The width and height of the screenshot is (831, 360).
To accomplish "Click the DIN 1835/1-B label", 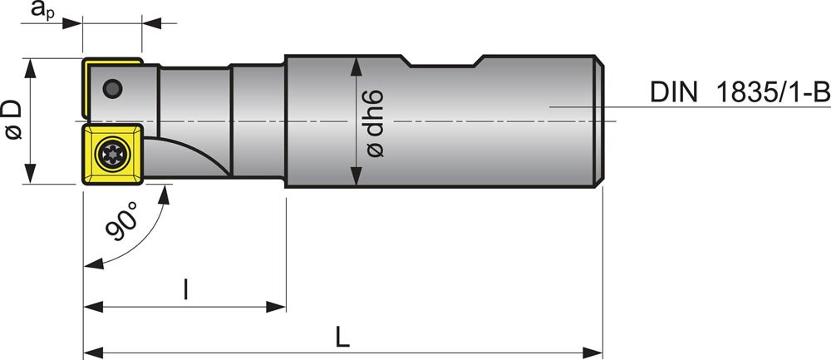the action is coord(740,93).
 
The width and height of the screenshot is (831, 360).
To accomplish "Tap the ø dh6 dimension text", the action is coord(375,123).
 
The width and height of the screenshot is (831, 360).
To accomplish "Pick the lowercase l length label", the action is coord(185,289).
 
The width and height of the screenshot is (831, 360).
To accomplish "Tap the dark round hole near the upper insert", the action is coord(112,88).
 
